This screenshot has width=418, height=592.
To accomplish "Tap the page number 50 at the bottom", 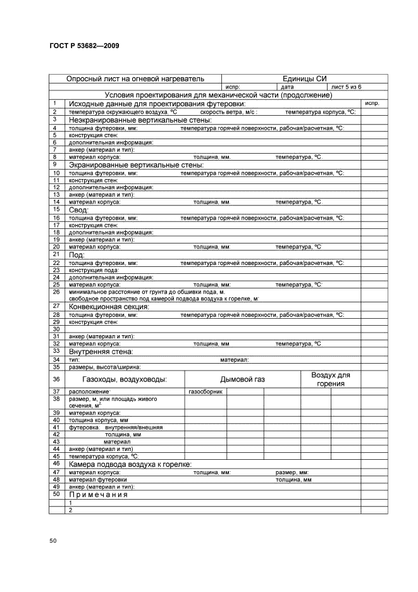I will pyautogui.click(x=52, y=540).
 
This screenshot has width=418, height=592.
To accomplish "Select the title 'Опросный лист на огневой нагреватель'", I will pyautogui.click(x=135, y=79).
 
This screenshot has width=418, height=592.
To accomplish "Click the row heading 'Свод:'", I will pyautogui.click(x=79, y=209).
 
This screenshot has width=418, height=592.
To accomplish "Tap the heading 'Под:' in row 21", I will pyautogui.click(x=77, y=254).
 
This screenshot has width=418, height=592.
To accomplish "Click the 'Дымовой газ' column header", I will pyautogui.click(x=242, y=379).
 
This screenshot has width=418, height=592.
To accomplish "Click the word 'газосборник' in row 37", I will pyautogui.click(x=205, y=392).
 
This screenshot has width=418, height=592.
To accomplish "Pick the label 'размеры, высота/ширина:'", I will pyautogui.click(x=105, y=366).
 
